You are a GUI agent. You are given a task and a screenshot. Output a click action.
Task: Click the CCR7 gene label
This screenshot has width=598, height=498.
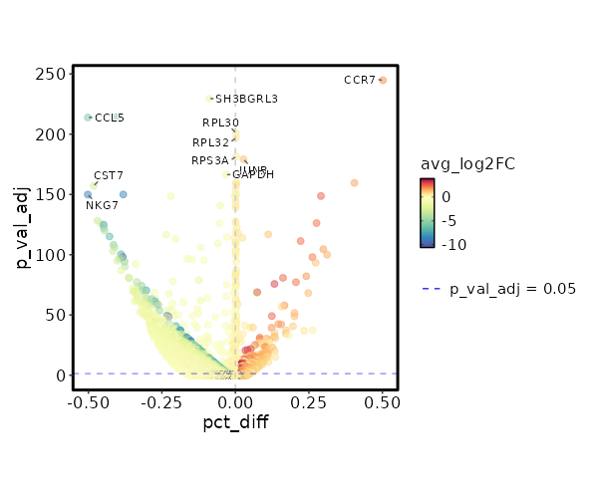pos(359,80)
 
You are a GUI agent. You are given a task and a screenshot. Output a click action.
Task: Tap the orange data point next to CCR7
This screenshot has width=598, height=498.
pos(383,80)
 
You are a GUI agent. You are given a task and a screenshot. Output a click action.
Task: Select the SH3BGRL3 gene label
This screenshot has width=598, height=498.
pos(247,99)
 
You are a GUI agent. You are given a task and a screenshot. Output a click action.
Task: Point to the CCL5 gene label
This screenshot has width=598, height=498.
pos(110,118)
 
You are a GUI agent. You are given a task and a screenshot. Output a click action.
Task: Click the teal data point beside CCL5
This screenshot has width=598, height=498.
pos(88,118)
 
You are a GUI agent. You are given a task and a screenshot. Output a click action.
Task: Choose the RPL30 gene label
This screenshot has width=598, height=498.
pos(220,123)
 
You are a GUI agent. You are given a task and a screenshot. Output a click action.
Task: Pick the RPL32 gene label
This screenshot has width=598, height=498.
pos(211,142)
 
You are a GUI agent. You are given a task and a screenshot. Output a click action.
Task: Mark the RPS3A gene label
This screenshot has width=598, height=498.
pos(210,160)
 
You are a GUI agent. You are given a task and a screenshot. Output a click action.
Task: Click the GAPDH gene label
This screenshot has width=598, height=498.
pos(253,175)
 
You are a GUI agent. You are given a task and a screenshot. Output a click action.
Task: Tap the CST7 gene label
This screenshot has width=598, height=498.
pos(109,175)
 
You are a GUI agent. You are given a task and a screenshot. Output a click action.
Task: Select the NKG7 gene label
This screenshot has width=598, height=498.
pos(102,205)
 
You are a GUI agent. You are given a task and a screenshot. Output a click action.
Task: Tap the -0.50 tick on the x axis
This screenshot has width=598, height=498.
pos(87,402)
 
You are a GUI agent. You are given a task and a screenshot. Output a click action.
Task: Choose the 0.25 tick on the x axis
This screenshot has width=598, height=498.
pos(309,402)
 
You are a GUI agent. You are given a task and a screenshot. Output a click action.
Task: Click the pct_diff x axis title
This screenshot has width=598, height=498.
pos(235,422)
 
